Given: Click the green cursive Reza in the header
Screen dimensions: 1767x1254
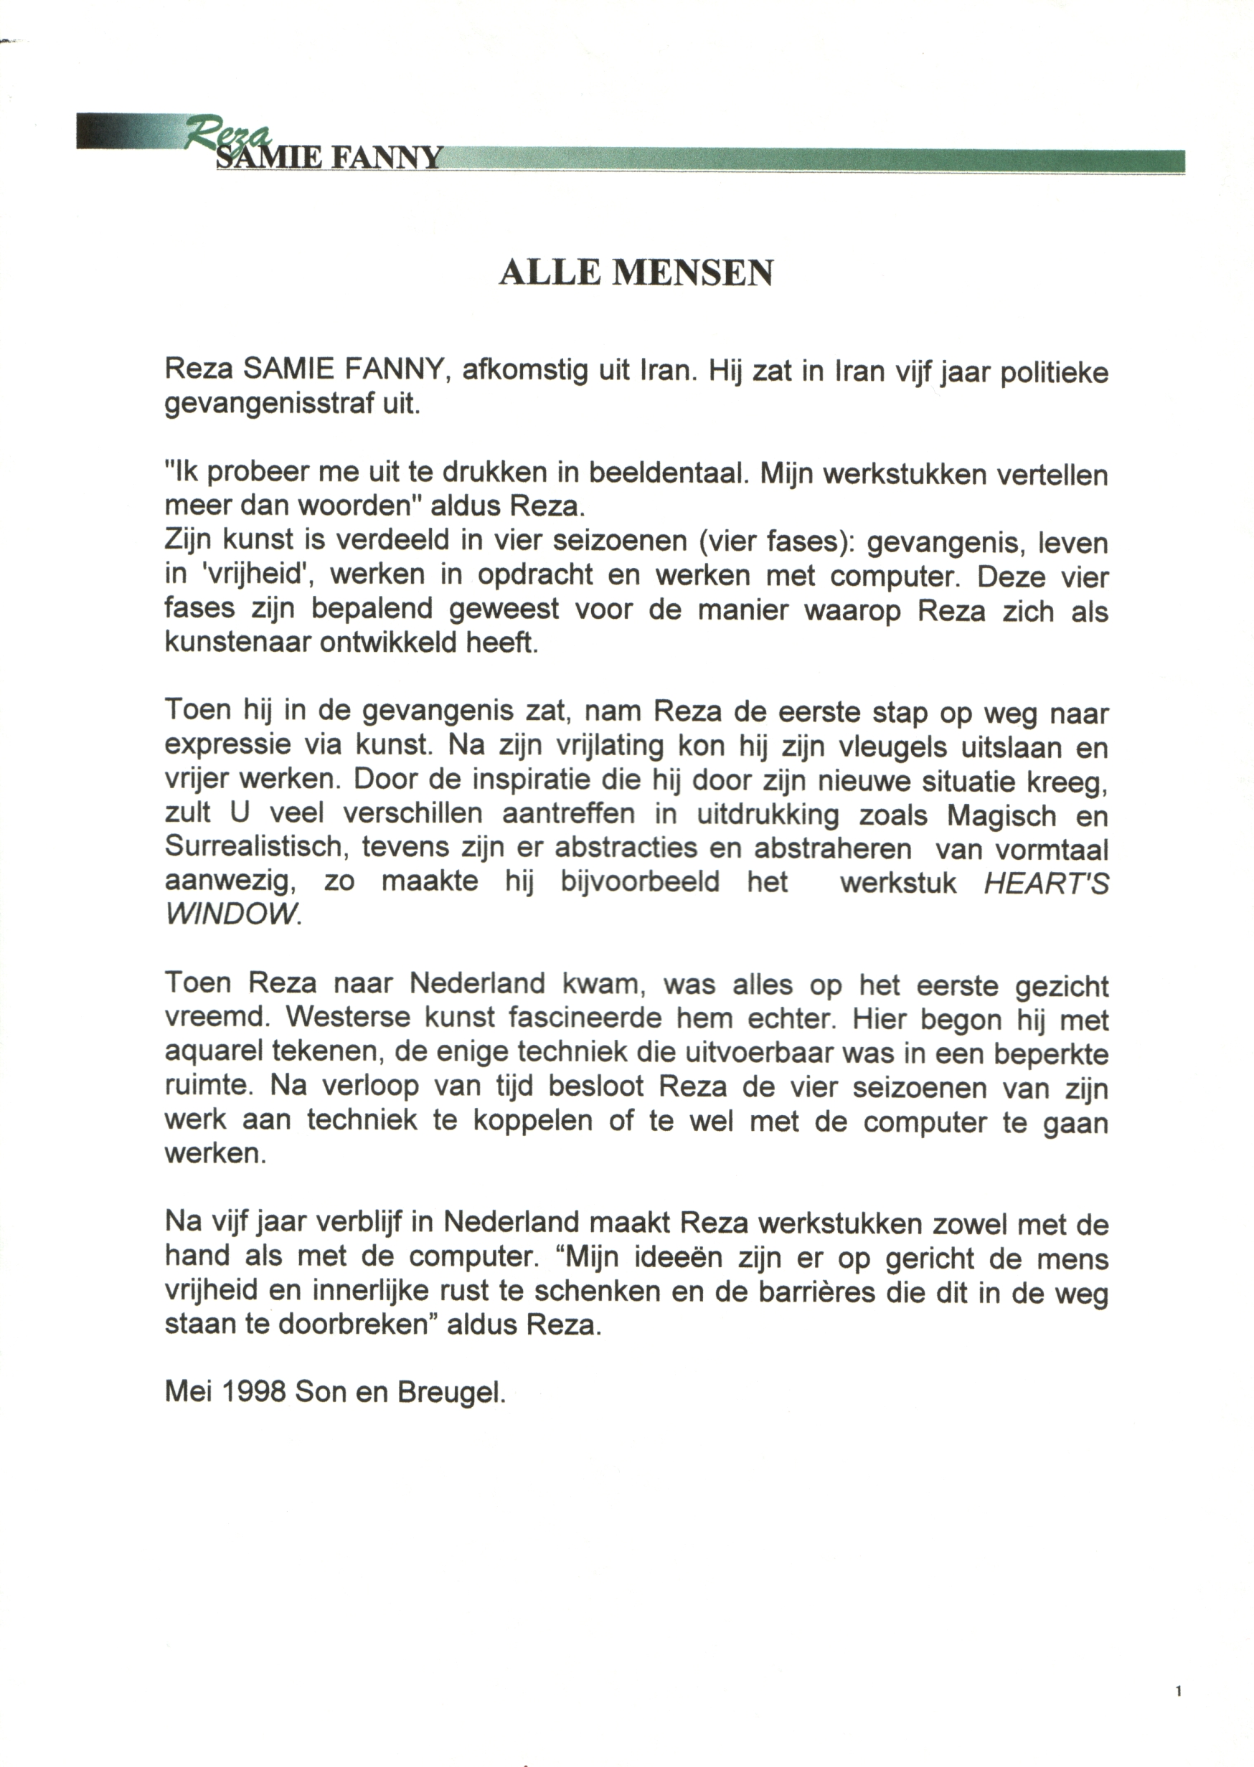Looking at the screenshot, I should click(x=229, y=133).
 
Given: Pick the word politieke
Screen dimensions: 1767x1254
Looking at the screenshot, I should click(x=1054, y=373).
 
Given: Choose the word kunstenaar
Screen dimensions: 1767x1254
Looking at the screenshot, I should click(x=237, y=643).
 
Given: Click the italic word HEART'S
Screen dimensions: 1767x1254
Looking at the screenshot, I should click(x=1046, y=881).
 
